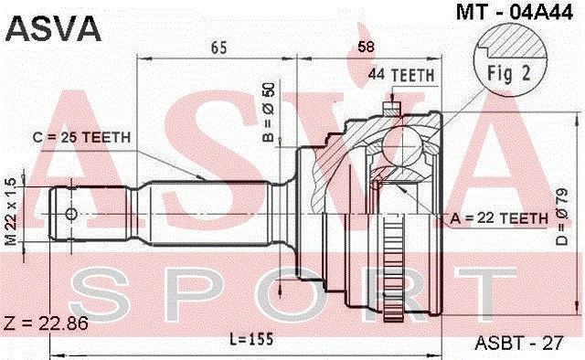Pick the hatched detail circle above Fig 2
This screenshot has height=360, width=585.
point(512,44)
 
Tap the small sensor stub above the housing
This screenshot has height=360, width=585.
point(391,108)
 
